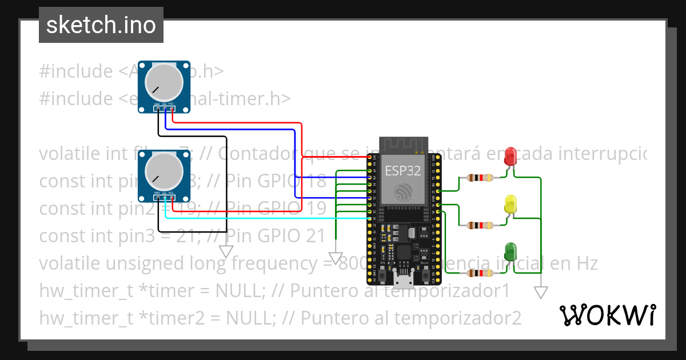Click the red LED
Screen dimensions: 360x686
(x=510, y=156)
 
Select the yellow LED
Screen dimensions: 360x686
(x=510, y=205)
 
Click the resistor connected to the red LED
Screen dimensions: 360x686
(x=480, y=178)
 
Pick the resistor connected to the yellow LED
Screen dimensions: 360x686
(x=480, y=225)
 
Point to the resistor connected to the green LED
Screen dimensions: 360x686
(x=480, y=274)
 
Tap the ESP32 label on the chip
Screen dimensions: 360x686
(x=404, y=170)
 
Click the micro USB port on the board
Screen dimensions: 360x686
(x=404, y=279)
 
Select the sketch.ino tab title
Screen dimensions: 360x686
(x=101, y=25)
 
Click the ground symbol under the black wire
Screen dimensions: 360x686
(x=226, y=251)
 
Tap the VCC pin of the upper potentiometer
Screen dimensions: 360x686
(x=172, y=109)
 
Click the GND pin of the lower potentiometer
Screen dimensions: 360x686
(x=157, y=198)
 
